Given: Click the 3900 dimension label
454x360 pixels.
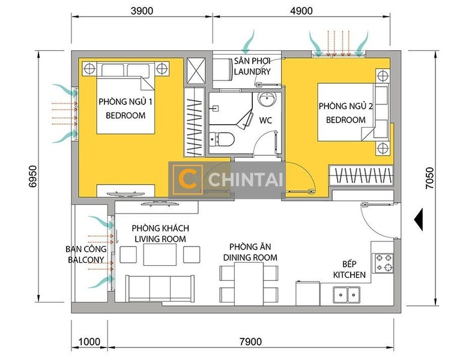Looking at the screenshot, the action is (x=142, y=11).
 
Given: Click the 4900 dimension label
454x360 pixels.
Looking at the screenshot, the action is (x=301, y=11).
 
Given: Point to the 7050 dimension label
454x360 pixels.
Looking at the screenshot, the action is (x=430, y=178).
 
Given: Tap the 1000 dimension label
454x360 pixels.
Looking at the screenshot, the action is (x=89, y=342).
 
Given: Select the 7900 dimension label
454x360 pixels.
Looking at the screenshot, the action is (x=251, y=342).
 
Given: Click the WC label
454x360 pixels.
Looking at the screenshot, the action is (x=265, y=120).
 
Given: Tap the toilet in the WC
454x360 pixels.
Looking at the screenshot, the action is (x=222, y=139).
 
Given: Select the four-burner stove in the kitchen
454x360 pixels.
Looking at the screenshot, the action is (x=384, y=263).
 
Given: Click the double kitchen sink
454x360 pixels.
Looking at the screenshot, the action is (x=347, y=295).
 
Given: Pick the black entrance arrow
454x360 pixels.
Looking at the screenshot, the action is (x=419, y=220).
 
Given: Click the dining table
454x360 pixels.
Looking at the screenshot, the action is (x=249, y=284).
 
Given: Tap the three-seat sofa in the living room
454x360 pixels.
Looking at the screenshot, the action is (x=160, y=289).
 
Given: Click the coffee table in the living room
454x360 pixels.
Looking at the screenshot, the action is (x=160, y=254).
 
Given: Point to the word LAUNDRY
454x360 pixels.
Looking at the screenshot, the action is (x=252, y=71).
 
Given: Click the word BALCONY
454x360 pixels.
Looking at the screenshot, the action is (x=86, y=260).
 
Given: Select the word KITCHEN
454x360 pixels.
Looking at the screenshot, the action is (x=349, y=275).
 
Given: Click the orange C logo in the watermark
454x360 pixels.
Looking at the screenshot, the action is (x=187, y=180).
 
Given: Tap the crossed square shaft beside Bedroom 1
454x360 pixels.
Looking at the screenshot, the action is (x=196, y=70).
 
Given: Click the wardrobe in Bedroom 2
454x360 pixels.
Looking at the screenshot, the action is (x=362, y=175).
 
